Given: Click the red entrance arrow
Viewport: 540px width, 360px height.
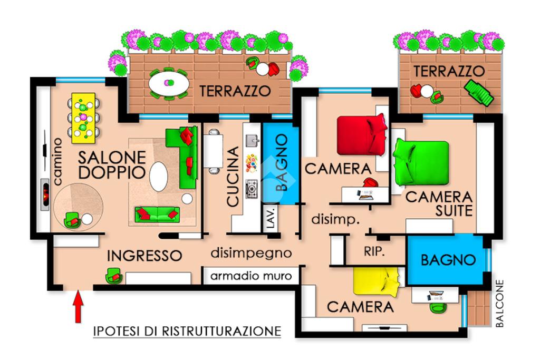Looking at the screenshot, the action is pos(79,306).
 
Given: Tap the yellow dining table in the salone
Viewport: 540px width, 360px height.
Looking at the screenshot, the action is pos(83,118).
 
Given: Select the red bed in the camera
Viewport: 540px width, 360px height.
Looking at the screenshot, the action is pos(362,135).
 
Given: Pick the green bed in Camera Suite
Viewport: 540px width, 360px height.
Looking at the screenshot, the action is pos(421,162).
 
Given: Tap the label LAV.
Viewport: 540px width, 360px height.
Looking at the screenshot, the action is pos(272,218).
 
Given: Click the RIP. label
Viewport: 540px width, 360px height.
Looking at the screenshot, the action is pos(374,251).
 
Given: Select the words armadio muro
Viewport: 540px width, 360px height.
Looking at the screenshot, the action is pos(251,276).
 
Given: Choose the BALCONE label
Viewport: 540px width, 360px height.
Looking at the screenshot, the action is pos(499,303).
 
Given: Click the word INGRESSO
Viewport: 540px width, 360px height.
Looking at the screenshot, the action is pos(144,256).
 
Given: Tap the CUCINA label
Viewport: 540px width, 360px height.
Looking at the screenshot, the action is pos(234,177).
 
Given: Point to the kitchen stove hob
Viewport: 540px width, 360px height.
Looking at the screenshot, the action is pos(252,189).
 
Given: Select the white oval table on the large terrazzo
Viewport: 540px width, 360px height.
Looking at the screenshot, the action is pos(169,83).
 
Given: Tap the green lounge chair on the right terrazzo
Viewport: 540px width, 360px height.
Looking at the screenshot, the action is pos(479,92).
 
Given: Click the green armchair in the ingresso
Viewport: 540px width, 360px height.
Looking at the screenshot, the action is pos(114,275).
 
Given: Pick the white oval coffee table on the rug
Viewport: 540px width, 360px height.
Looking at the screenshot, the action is pos(159,177).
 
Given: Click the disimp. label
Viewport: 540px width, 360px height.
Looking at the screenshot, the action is pos(336,219).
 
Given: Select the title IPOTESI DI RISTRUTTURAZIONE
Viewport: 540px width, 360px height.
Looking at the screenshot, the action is pos(187,331).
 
